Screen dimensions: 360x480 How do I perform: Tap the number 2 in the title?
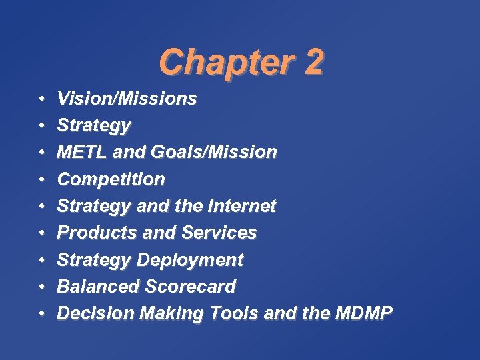pyautogui.click(x=313, y=63)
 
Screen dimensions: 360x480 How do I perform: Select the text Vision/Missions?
pyautogui.click(x=127, y=99)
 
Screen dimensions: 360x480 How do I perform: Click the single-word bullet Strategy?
pyautogui.click(x=94, y=126)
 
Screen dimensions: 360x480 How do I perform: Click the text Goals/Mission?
pyautogui.click(x=213, y=152)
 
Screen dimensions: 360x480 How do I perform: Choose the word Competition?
pyautogui.click(x=111, y=179)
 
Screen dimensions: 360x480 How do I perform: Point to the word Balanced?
pyautogui.click(x=97, y=287)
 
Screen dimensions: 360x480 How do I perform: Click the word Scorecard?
pyautogui.click(x=190, y=287)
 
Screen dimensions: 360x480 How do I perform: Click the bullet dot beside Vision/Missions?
pyautogui.click(x=41, y=99)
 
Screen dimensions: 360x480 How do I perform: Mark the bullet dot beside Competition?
pyautogui.click(x=41, y=179)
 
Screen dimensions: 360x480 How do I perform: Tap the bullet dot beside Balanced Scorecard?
pyautogui.click(x=41, y=287)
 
